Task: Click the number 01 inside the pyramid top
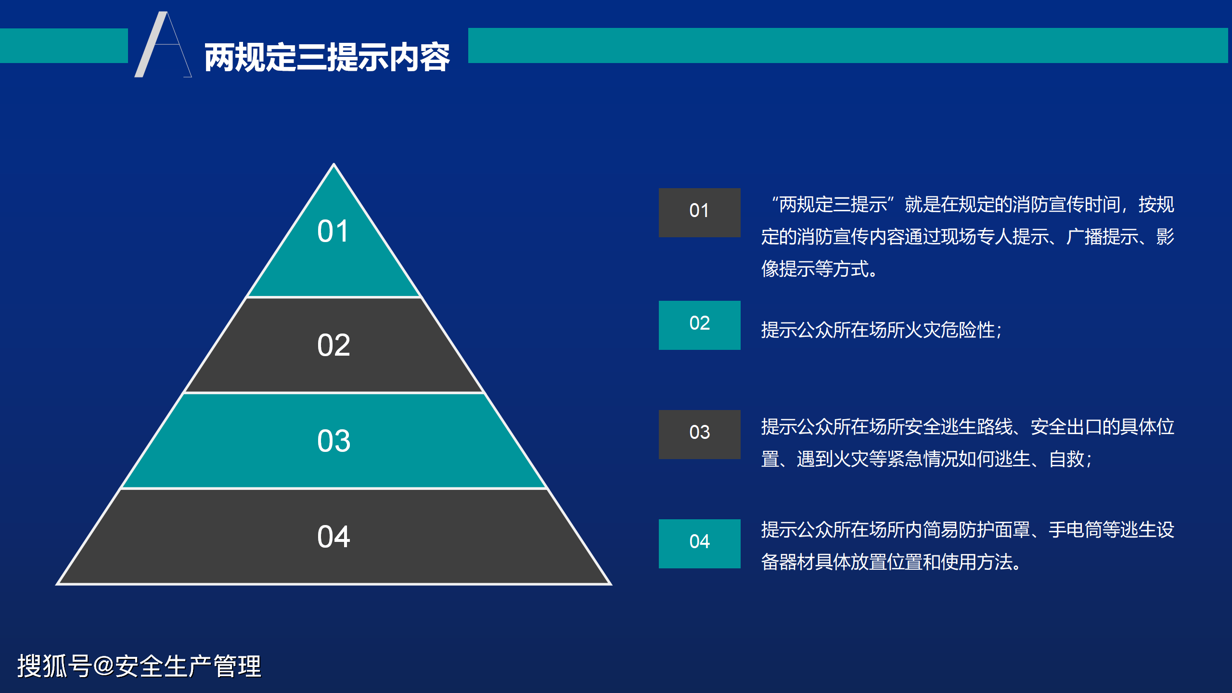[x=333, y=231]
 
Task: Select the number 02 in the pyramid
[x=334, y=345]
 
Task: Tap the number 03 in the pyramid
[x=334, y=441]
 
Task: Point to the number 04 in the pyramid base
[x=334, y=537]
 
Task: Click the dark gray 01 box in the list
[x=699, y=213]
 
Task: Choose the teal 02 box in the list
[x=699, y=325]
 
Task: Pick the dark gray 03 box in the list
[x=699, y=435]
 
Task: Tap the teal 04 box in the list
[x=699, y=544]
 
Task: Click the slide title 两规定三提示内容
[x=327, y=57]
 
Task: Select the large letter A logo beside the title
[x=163, y=44]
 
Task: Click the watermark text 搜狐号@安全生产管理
[x=139, y=667]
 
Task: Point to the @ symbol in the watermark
[x=103, y=667]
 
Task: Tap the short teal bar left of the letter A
[x=64, y=46]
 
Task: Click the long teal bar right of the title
[x=848, y=46]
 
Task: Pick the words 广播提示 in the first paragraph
[x=1102, y=237]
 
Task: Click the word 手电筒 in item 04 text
[x=1075, y=530]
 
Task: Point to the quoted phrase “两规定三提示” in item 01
[x=833, y=205]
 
